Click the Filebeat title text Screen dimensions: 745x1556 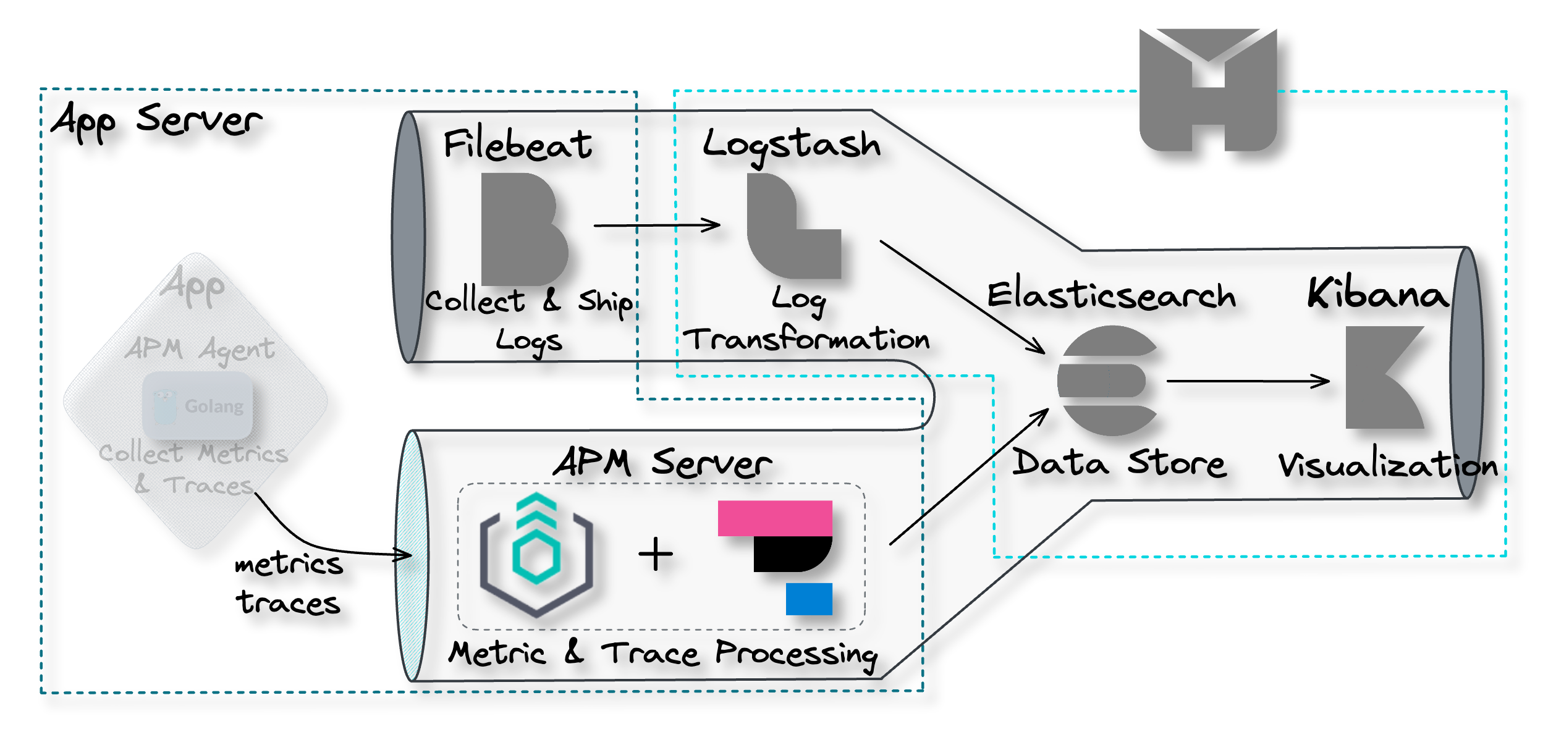coord(518,145)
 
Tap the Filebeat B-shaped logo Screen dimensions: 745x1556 coord(522,229)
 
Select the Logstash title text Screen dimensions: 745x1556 coord(792,145)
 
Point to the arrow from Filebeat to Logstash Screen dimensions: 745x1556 coord(656,225)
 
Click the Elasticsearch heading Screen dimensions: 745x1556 coord(1111,295)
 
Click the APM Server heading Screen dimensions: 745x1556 coord(662,463)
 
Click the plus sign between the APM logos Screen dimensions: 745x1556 coord(656,553)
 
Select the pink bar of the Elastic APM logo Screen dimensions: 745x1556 coord(775,518)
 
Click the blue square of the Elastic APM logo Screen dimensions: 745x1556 coord(809,599)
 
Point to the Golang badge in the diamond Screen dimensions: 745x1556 coord(197,405)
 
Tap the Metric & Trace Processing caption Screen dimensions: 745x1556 coord(662,654)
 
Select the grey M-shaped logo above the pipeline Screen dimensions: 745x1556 coord(1207,90)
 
